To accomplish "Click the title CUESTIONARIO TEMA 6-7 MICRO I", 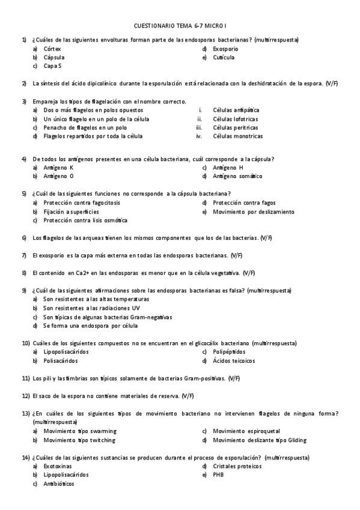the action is [x=180, y=26].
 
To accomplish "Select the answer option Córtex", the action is [x=52, y=49].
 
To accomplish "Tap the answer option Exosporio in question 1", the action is [x=225, y=49].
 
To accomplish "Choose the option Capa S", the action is [x=53, y=66].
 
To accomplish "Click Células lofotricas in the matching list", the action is [x=235, y=119].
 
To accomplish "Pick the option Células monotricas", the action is [x=237, y=137].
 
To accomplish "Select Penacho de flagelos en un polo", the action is [x=85, y=127].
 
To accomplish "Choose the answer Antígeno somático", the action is [x=237, y=176].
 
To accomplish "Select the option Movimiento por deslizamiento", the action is [x=253, y=212].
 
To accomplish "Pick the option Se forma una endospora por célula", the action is [x=90, y=325].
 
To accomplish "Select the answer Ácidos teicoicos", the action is [x=233, y=361].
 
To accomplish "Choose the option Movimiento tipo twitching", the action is [x=79, y=440].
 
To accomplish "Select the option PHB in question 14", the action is [x=218, y=475].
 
